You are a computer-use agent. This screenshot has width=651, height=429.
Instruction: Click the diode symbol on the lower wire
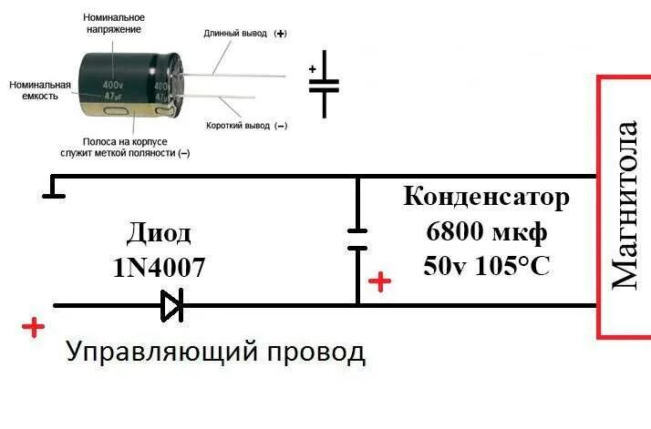[172, 306]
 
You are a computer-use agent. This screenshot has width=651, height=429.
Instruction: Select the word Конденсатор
[486, 197]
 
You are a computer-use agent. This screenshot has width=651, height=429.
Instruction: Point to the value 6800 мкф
[486, 231]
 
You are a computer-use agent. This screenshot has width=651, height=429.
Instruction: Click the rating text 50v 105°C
[486, 266]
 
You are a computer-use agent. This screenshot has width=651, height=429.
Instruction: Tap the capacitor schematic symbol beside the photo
[324, 87]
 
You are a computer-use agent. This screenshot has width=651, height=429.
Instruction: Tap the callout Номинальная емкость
[35, 89]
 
